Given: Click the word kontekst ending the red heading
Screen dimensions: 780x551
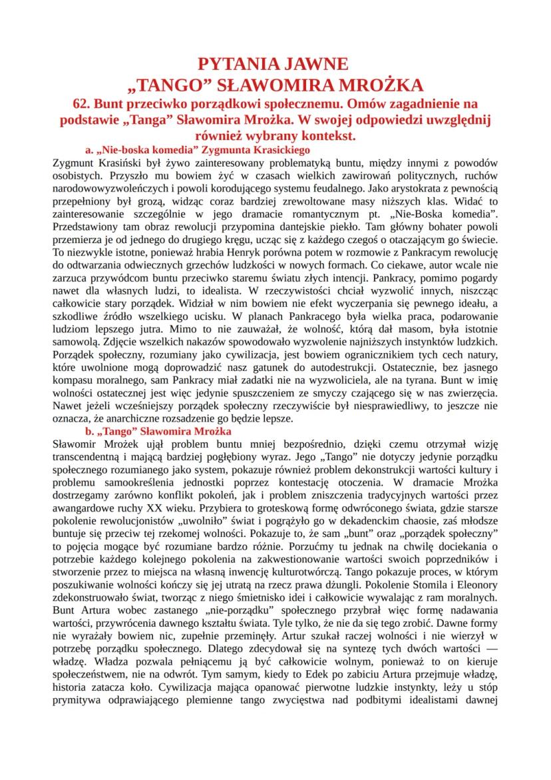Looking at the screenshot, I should click(x=326, y=135).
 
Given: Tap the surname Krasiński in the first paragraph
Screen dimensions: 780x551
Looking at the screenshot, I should click(x=108, y=161).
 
